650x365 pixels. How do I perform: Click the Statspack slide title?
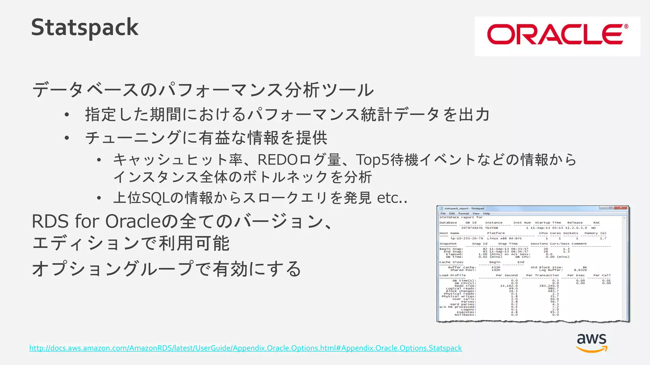pyautogui.click(x=85, y=28)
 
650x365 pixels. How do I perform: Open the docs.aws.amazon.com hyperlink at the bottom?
pyautogui.click(x=245, y=348)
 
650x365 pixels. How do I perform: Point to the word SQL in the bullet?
pyautogui.click(x=156, y=198)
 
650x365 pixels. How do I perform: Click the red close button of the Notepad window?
pyautogui.click(x=621, y=208)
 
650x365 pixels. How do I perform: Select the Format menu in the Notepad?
pyautogui.click(x=463, y=214)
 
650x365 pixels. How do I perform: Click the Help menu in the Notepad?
pyautogui.click(x=487, y=214)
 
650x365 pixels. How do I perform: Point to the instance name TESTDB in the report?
pyautogui.click(x=491, y=228)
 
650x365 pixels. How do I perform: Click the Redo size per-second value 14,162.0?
pyautogui.click(x=509, y=286)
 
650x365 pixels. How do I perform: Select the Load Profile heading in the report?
pyautogui.click(x=452, y=275)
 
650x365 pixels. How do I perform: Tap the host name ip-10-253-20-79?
pyautogui.click(x=467, y=238)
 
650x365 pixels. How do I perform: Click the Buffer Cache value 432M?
pyautogui.click(x=495, y=267)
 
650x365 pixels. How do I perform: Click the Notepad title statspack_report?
pyautogui.click(x=464, y=208)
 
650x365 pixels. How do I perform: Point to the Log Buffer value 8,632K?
pyautogui.click(x=580, y=270)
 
